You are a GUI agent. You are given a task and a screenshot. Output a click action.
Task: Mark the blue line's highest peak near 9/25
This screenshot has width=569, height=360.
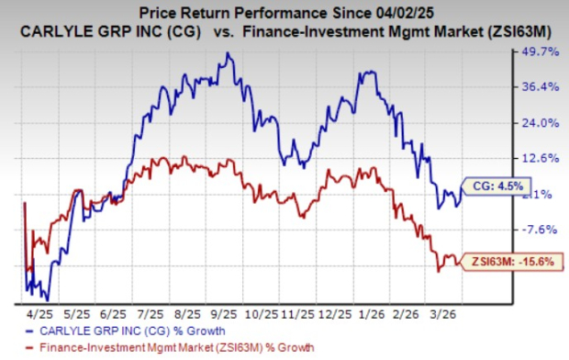point(228,54)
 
